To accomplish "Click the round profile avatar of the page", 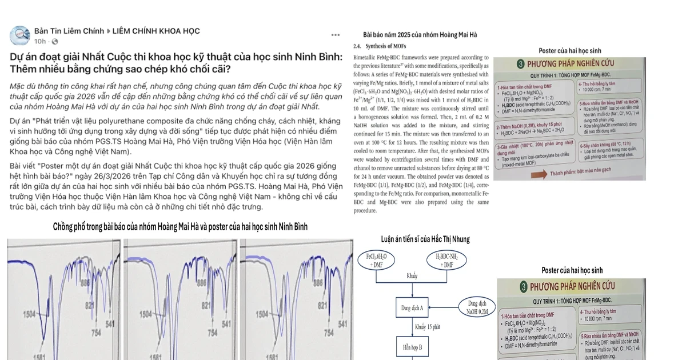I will tap(21, 35).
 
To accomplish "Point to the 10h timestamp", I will tap(40, 42).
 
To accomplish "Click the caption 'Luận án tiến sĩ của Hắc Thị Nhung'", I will tap(426, 239).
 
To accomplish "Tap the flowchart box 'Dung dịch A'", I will tap(412, 309).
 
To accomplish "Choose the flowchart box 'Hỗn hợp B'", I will tap(412, 346).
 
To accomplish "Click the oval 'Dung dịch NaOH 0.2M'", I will tap(478, 307).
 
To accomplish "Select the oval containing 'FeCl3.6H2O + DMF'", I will tap(377, 261).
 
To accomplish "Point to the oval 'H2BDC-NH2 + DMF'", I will tap(449, 261).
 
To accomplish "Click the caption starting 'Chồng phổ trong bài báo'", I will tap(180, 227).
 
